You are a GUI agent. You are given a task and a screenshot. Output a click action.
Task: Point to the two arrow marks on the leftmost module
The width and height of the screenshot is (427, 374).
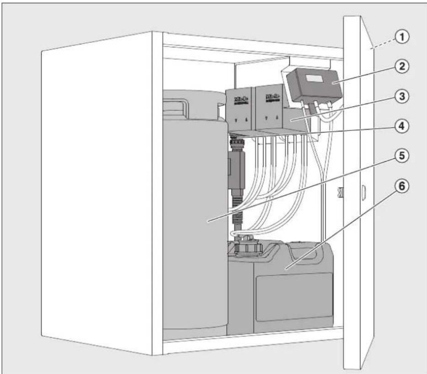coord(240,121)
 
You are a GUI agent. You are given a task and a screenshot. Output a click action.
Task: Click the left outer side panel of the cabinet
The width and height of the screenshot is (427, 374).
coord(101,192)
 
